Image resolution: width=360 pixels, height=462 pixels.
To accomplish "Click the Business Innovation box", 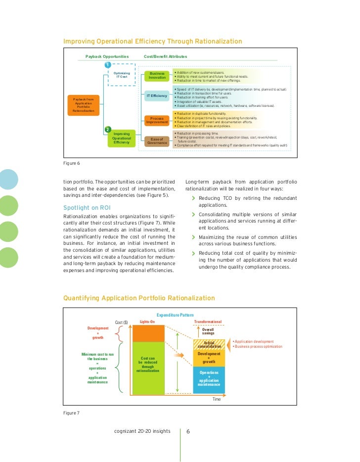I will (x=157, y=76).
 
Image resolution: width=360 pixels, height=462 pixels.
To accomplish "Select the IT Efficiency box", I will (x=157, y=95).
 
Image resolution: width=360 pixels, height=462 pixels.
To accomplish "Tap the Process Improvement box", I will (x=157, y=121).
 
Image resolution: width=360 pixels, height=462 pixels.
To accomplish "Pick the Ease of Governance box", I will (x=157, y=141).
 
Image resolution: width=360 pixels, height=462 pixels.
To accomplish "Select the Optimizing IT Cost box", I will (x=122, y=75).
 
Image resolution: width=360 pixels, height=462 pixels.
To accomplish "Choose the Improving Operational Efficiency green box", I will (x=121, y=138).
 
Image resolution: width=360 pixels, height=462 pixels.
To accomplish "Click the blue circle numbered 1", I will (x=107, y=65).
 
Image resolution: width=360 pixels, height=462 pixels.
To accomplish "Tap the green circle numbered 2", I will (x=107, y=129).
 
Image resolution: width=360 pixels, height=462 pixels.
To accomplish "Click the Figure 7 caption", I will (x=72, y=413).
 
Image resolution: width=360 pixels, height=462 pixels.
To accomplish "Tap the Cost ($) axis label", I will (x=122, y=323).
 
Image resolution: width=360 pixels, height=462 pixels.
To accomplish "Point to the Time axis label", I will (x=217, y=399).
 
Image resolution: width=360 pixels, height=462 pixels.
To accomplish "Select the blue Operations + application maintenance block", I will (x=209, y=378).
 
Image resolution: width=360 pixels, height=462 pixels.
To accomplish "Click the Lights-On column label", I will (x=148, y=322).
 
